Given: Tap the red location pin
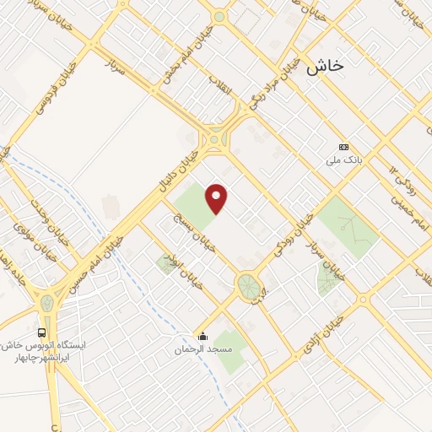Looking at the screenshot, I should (x=218, y=199).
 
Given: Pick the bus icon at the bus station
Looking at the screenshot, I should (x=42, y=332).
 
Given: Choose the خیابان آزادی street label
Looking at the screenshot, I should (x=325, y=337).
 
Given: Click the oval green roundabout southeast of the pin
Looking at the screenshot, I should (x=248, y=285).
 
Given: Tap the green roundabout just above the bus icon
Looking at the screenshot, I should (x=46, y=302).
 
